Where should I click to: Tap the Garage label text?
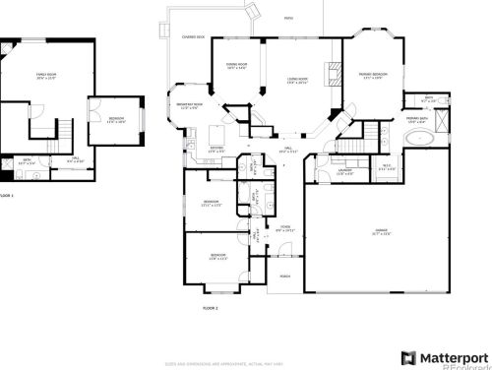352,232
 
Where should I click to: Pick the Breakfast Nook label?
190,105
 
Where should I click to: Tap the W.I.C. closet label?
388,166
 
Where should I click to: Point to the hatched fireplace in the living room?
332,77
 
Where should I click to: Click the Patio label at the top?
288,18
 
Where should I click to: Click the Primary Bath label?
417,118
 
